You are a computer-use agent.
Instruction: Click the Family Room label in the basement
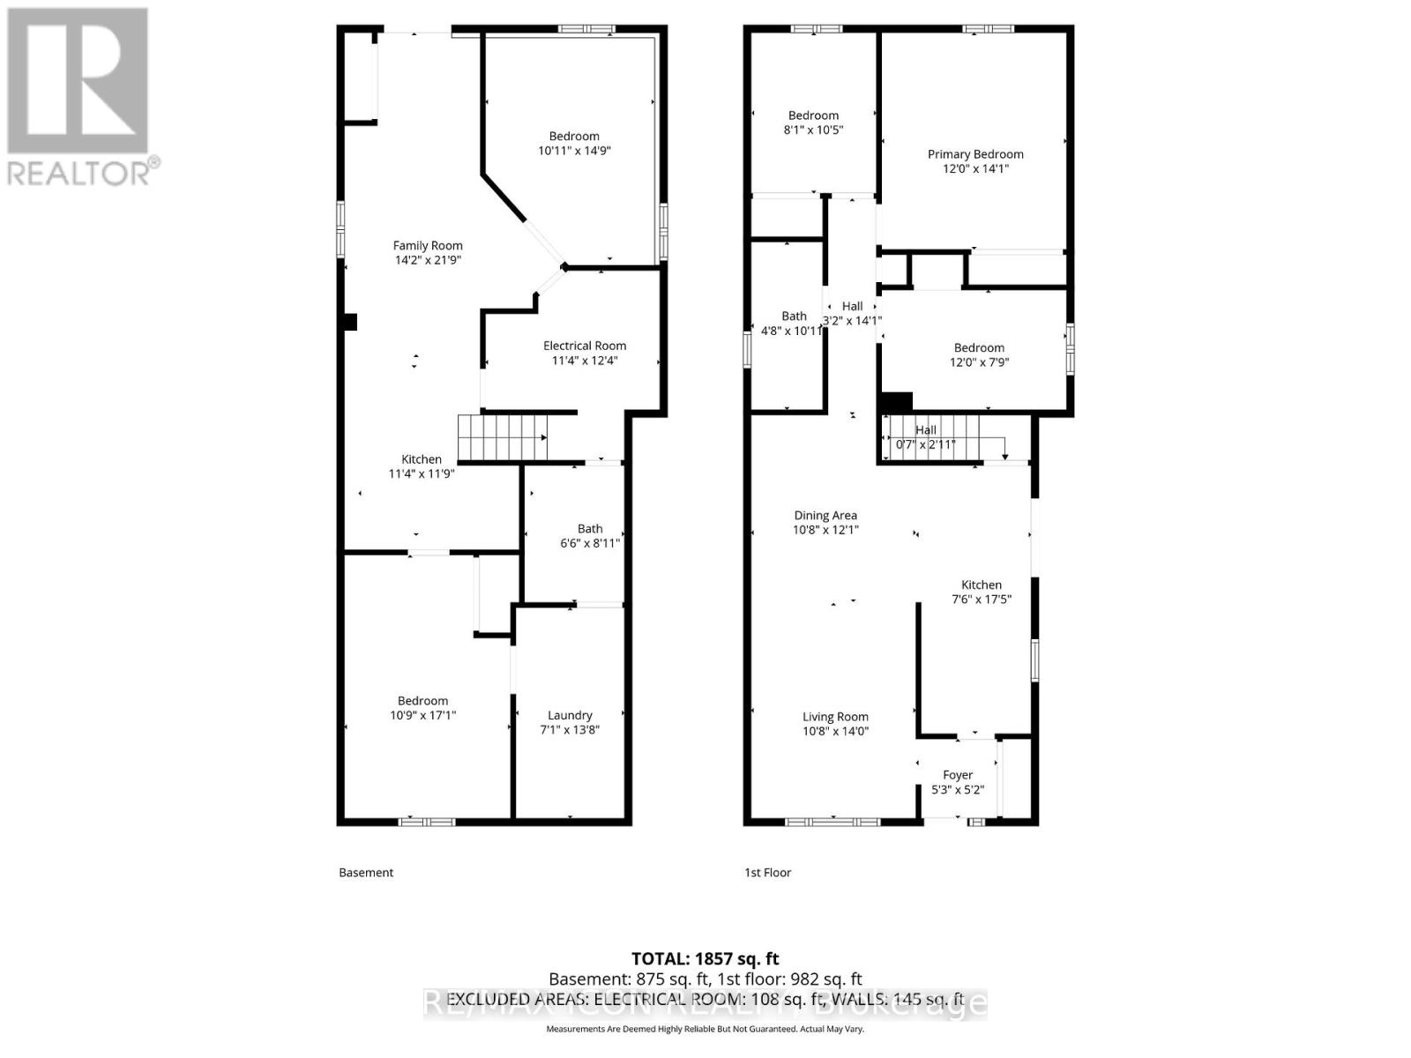(428, 246)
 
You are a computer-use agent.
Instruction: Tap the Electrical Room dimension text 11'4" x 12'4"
(585, 360)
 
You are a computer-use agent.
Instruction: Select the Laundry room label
(570, 715)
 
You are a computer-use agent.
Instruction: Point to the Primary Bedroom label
(975, 154)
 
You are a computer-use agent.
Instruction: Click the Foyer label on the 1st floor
(958, 775)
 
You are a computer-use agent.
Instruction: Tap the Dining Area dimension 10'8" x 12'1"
(825, 530)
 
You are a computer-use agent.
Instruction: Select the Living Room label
(835, 717)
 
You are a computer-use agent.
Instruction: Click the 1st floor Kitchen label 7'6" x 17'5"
(982, 592)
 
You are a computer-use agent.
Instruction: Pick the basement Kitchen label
(422, 459)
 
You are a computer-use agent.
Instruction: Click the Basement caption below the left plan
(366, 872)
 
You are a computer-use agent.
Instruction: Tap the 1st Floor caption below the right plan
(767, 872)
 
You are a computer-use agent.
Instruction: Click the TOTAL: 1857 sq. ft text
(705, 958)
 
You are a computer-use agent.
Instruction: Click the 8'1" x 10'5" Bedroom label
(813, 123)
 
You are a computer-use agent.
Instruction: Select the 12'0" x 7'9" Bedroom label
(979, 354)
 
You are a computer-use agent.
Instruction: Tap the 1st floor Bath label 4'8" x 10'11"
(794, 323)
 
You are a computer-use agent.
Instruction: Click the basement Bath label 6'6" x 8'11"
(590, 536)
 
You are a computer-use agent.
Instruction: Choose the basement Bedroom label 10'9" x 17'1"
(422, 708)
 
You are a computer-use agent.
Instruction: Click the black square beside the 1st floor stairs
(897, 402)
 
